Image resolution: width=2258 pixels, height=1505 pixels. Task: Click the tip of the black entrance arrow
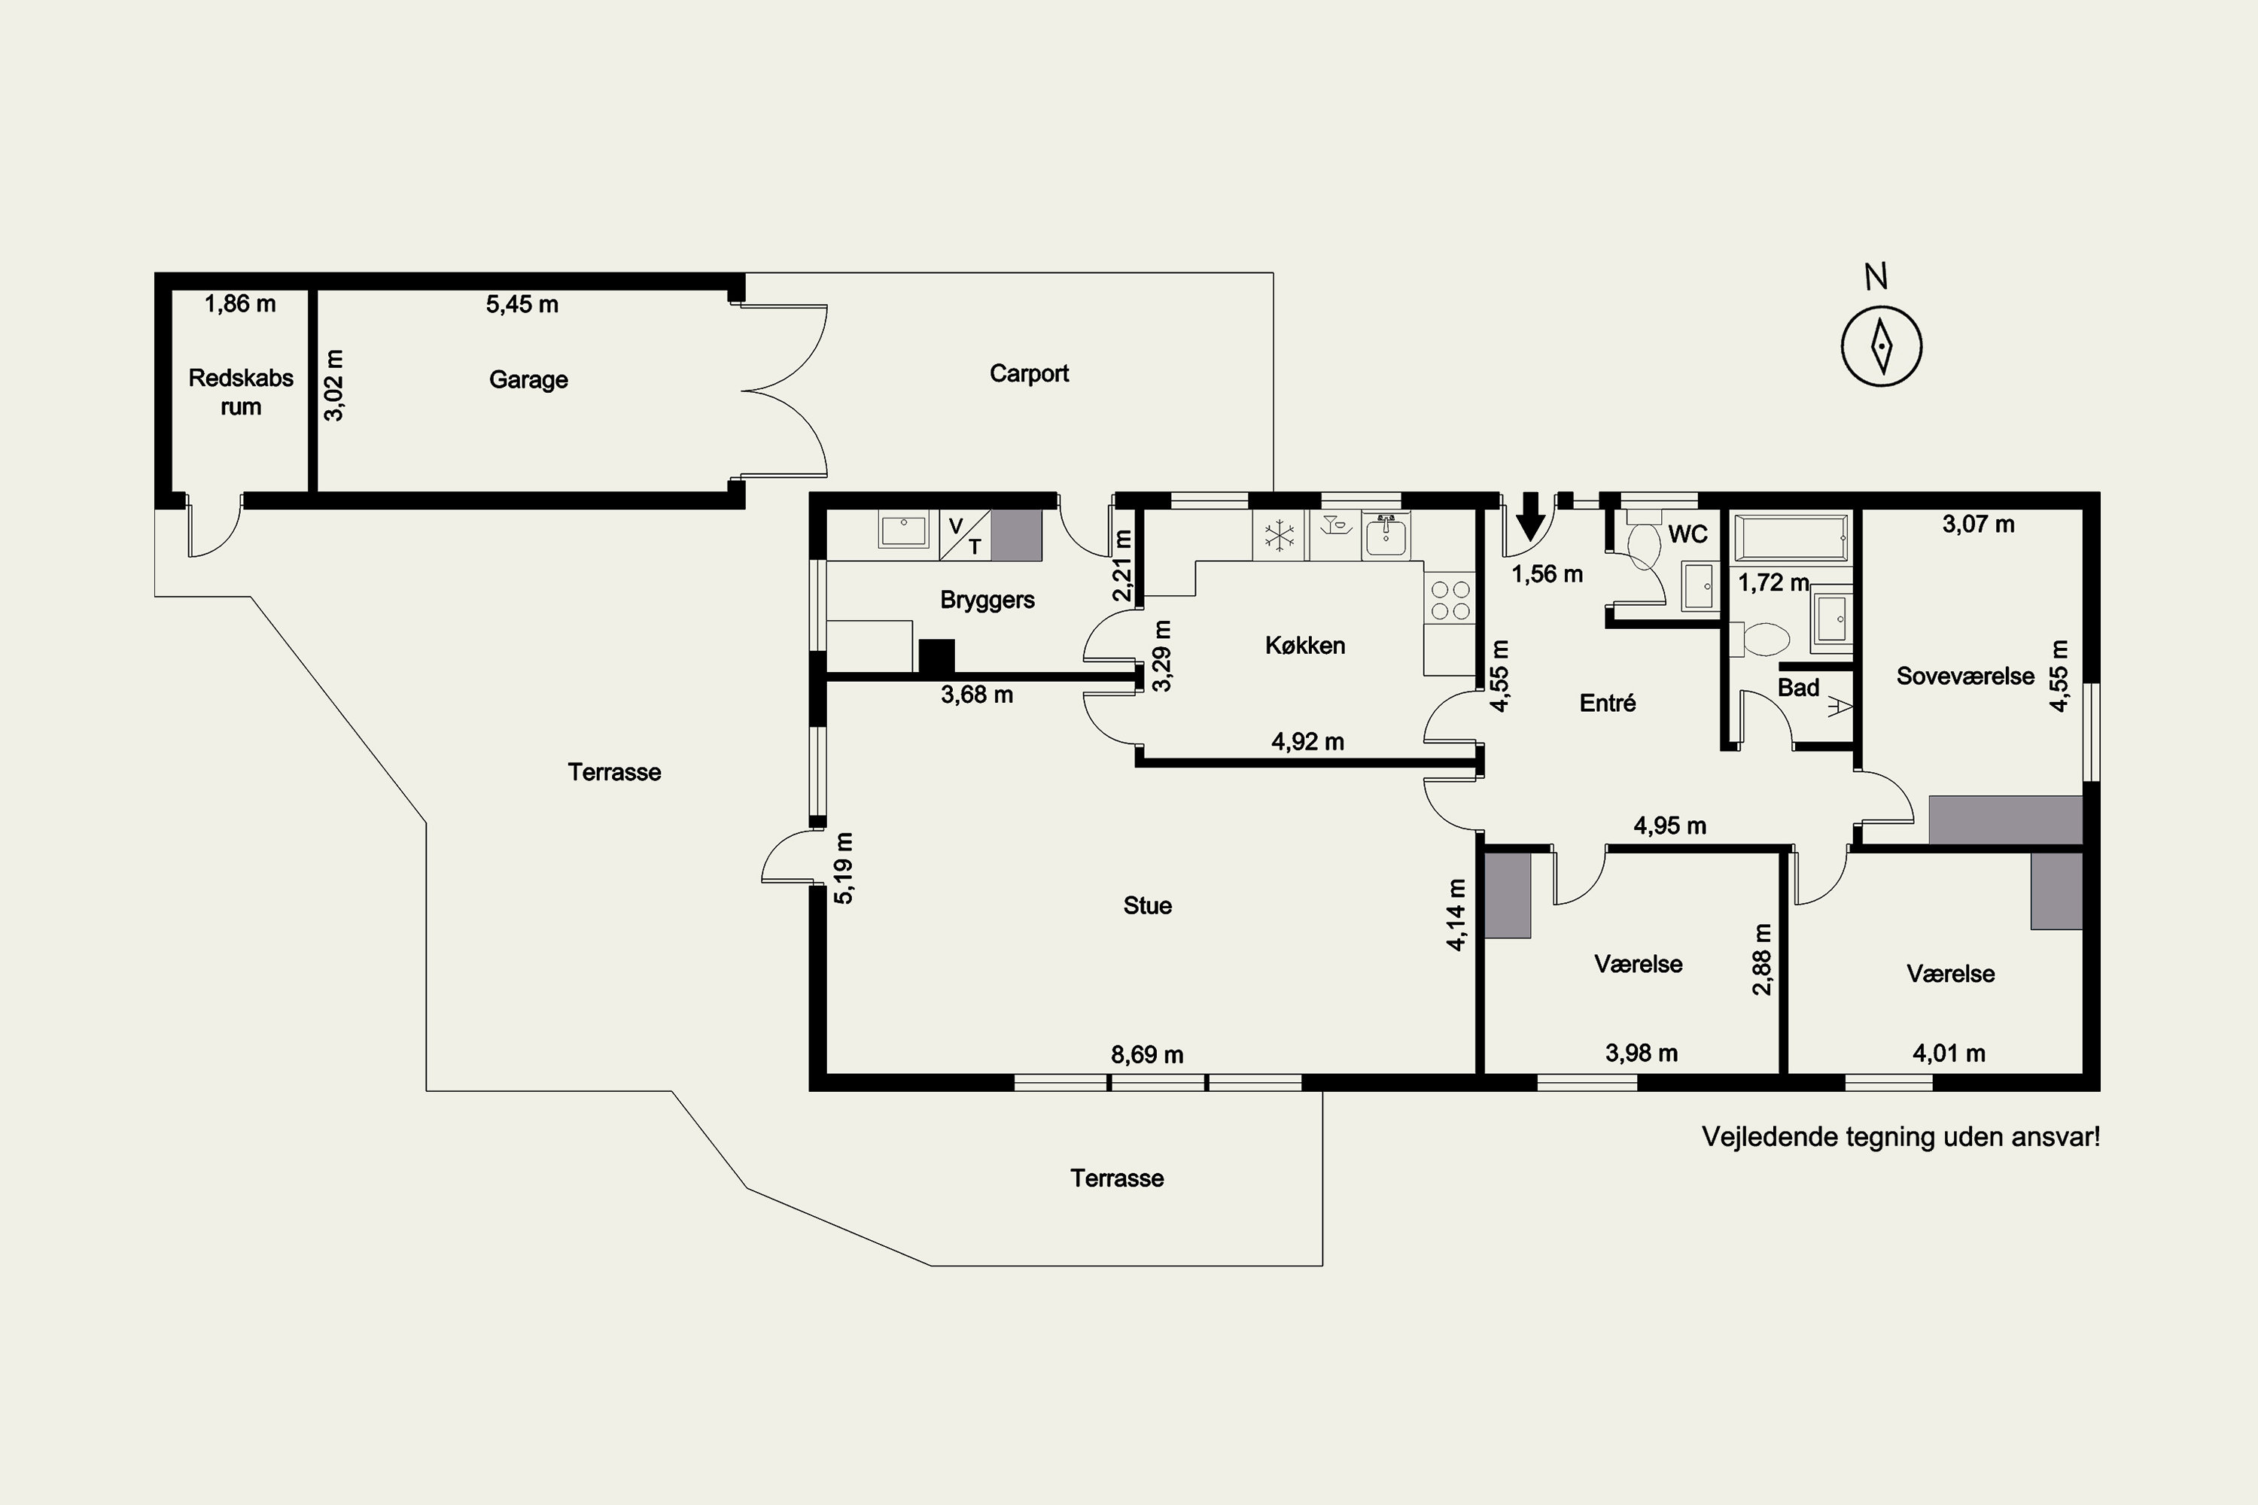point(1531,540)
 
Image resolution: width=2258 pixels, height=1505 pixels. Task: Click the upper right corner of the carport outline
point(1273,274)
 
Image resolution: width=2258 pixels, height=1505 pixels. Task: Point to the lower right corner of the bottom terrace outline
point(1323,1265)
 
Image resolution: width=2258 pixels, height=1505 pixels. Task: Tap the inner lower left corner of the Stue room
point(826,1073)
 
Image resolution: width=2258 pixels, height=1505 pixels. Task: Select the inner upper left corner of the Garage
point(318,290)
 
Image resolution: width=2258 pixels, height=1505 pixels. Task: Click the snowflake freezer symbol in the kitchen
point(1280,537)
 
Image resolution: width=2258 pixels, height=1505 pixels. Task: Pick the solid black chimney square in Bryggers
point(937,656)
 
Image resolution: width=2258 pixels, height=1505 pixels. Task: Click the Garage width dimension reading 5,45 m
point(522,304)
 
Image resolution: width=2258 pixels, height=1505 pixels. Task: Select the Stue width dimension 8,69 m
point(1147,1055)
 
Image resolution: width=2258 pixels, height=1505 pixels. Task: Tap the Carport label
point(1029,373)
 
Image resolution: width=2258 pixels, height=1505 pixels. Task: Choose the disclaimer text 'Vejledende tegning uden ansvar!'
point(1901,1137)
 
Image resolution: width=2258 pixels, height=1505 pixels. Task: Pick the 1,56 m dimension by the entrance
point(1547,574)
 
